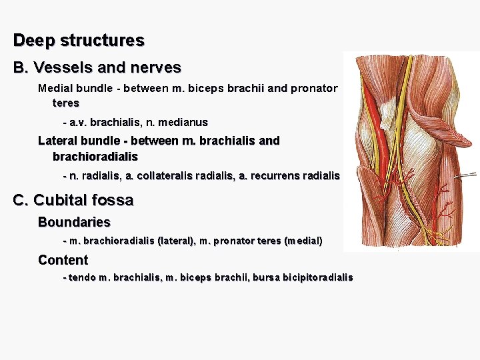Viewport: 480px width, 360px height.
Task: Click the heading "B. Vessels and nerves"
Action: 97,67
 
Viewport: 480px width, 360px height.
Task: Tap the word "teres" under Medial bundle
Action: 66,103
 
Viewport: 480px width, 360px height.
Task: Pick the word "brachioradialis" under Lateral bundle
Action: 95,156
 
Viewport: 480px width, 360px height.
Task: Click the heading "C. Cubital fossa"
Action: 73,200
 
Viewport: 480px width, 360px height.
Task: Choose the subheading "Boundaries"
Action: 74,222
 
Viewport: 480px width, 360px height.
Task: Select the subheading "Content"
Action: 63,260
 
